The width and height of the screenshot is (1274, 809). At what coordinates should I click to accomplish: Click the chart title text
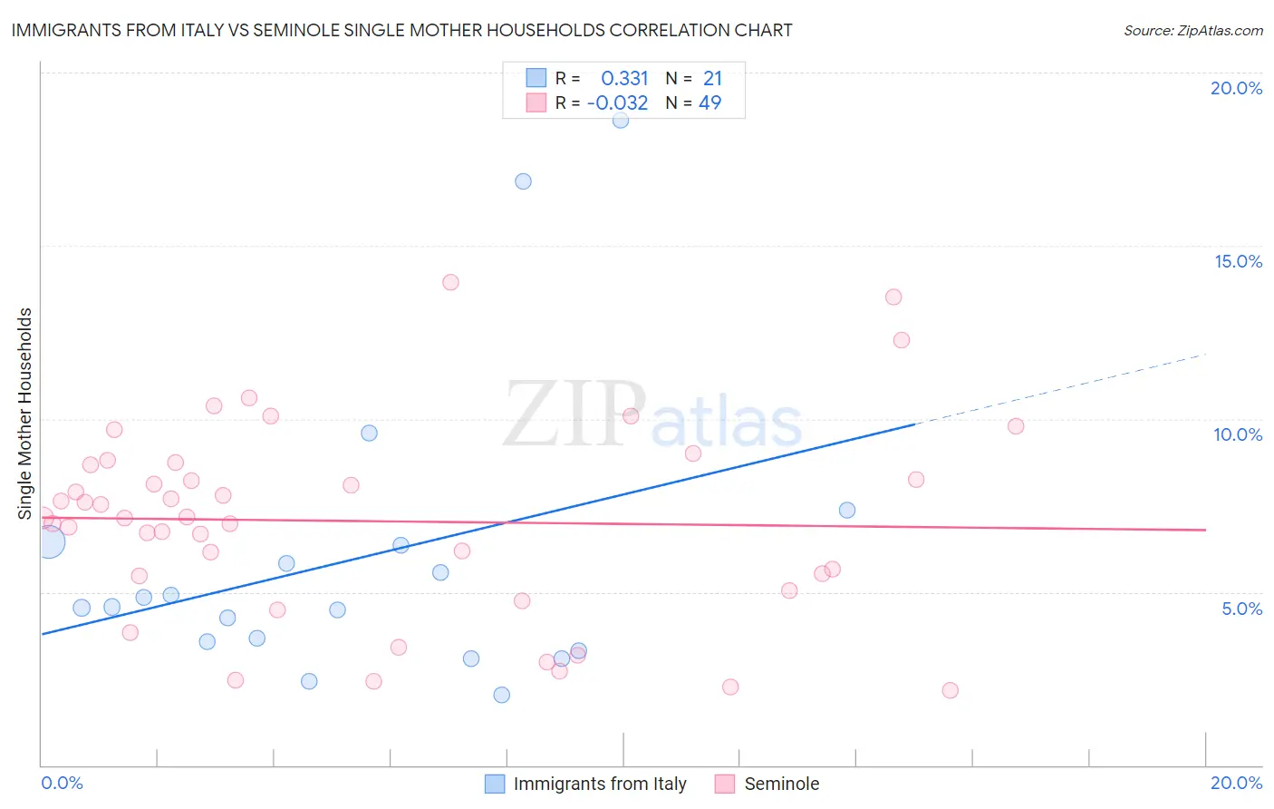coord(401,31)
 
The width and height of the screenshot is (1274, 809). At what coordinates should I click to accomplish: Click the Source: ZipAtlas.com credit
coord(1192,31)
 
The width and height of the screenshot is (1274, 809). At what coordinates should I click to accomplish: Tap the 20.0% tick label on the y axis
coord(1236,88)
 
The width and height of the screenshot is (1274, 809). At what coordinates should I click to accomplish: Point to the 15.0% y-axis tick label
coord(1238,261)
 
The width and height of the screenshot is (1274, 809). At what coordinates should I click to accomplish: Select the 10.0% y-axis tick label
coord(1238,434)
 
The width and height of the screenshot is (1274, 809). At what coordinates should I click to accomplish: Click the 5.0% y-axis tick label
coord(1241,609)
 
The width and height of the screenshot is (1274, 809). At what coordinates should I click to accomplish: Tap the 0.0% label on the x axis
coord(62,783)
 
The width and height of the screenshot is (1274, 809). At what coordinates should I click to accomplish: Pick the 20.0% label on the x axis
coord(1236,783)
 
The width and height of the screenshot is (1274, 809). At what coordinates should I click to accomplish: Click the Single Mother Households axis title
coord(25,414)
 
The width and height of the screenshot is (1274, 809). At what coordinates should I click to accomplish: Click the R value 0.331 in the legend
coord(624,79)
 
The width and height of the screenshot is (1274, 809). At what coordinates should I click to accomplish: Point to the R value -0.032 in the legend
coord(617,103)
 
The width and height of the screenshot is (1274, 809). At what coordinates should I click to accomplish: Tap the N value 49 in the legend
coord(709,103)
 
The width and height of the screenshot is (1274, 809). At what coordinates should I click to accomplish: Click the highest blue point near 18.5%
coord(621,120)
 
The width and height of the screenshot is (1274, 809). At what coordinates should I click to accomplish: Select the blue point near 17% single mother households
coord(523,181)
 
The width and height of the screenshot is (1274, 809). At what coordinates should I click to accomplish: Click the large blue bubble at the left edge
coord(49,542)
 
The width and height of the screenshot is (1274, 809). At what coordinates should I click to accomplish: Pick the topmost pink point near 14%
coord(450,282)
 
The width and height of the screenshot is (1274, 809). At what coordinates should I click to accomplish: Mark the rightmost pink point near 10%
coord(1016,426)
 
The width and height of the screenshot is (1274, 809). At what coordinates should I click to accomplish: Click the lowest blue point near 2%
coord(502,695)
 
